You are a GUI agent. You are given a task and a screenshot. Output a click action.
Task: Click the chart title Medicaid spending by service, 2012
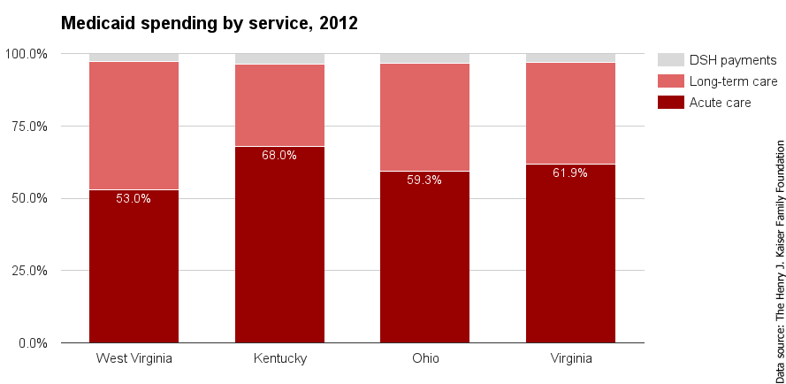click(x=209, y=24)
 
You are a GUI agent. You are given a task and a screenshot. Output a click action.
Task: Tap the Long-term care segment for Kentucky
click(x=279, y=105)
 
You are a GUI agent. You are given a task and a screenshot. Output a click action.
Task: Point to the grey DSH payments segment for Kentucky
click(x=279, y=59)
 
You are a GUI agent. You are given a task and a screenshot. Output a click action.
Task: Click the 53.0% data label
click(x=134, y=198)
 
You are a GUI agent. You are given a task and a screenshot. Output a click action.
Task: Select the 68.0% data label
click(x=279, y=155)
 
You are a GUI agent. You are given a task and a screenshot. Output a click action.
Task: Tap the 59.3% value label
click(x=424, y=180)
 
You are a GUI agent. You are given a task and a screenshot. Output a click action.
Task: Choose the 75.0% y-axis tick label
click(x=29, y=126)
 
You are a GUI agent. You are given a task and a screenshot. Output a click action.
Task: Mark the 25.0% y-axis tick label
click(x=29, y=270)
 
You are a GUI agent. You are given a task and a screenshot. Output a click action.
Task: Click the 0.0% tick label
click(x=32, y=342)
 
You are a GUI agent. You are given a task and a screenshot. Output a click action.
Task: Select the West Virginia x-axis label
click(x=134, y=358)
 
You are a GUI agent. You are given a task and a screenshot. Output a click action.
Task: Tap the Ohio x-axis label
click(x=424, y=358)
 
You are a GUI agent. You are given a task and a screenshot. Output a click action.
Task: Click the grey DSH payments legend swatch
click(x=671, y=60)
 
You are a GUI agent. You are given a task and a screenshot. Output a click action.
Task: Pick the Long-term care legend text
click(x=733, y=81)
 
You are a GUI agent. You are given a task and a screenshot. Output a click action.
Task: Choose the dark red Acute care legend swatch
click(x=671, y=103)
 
